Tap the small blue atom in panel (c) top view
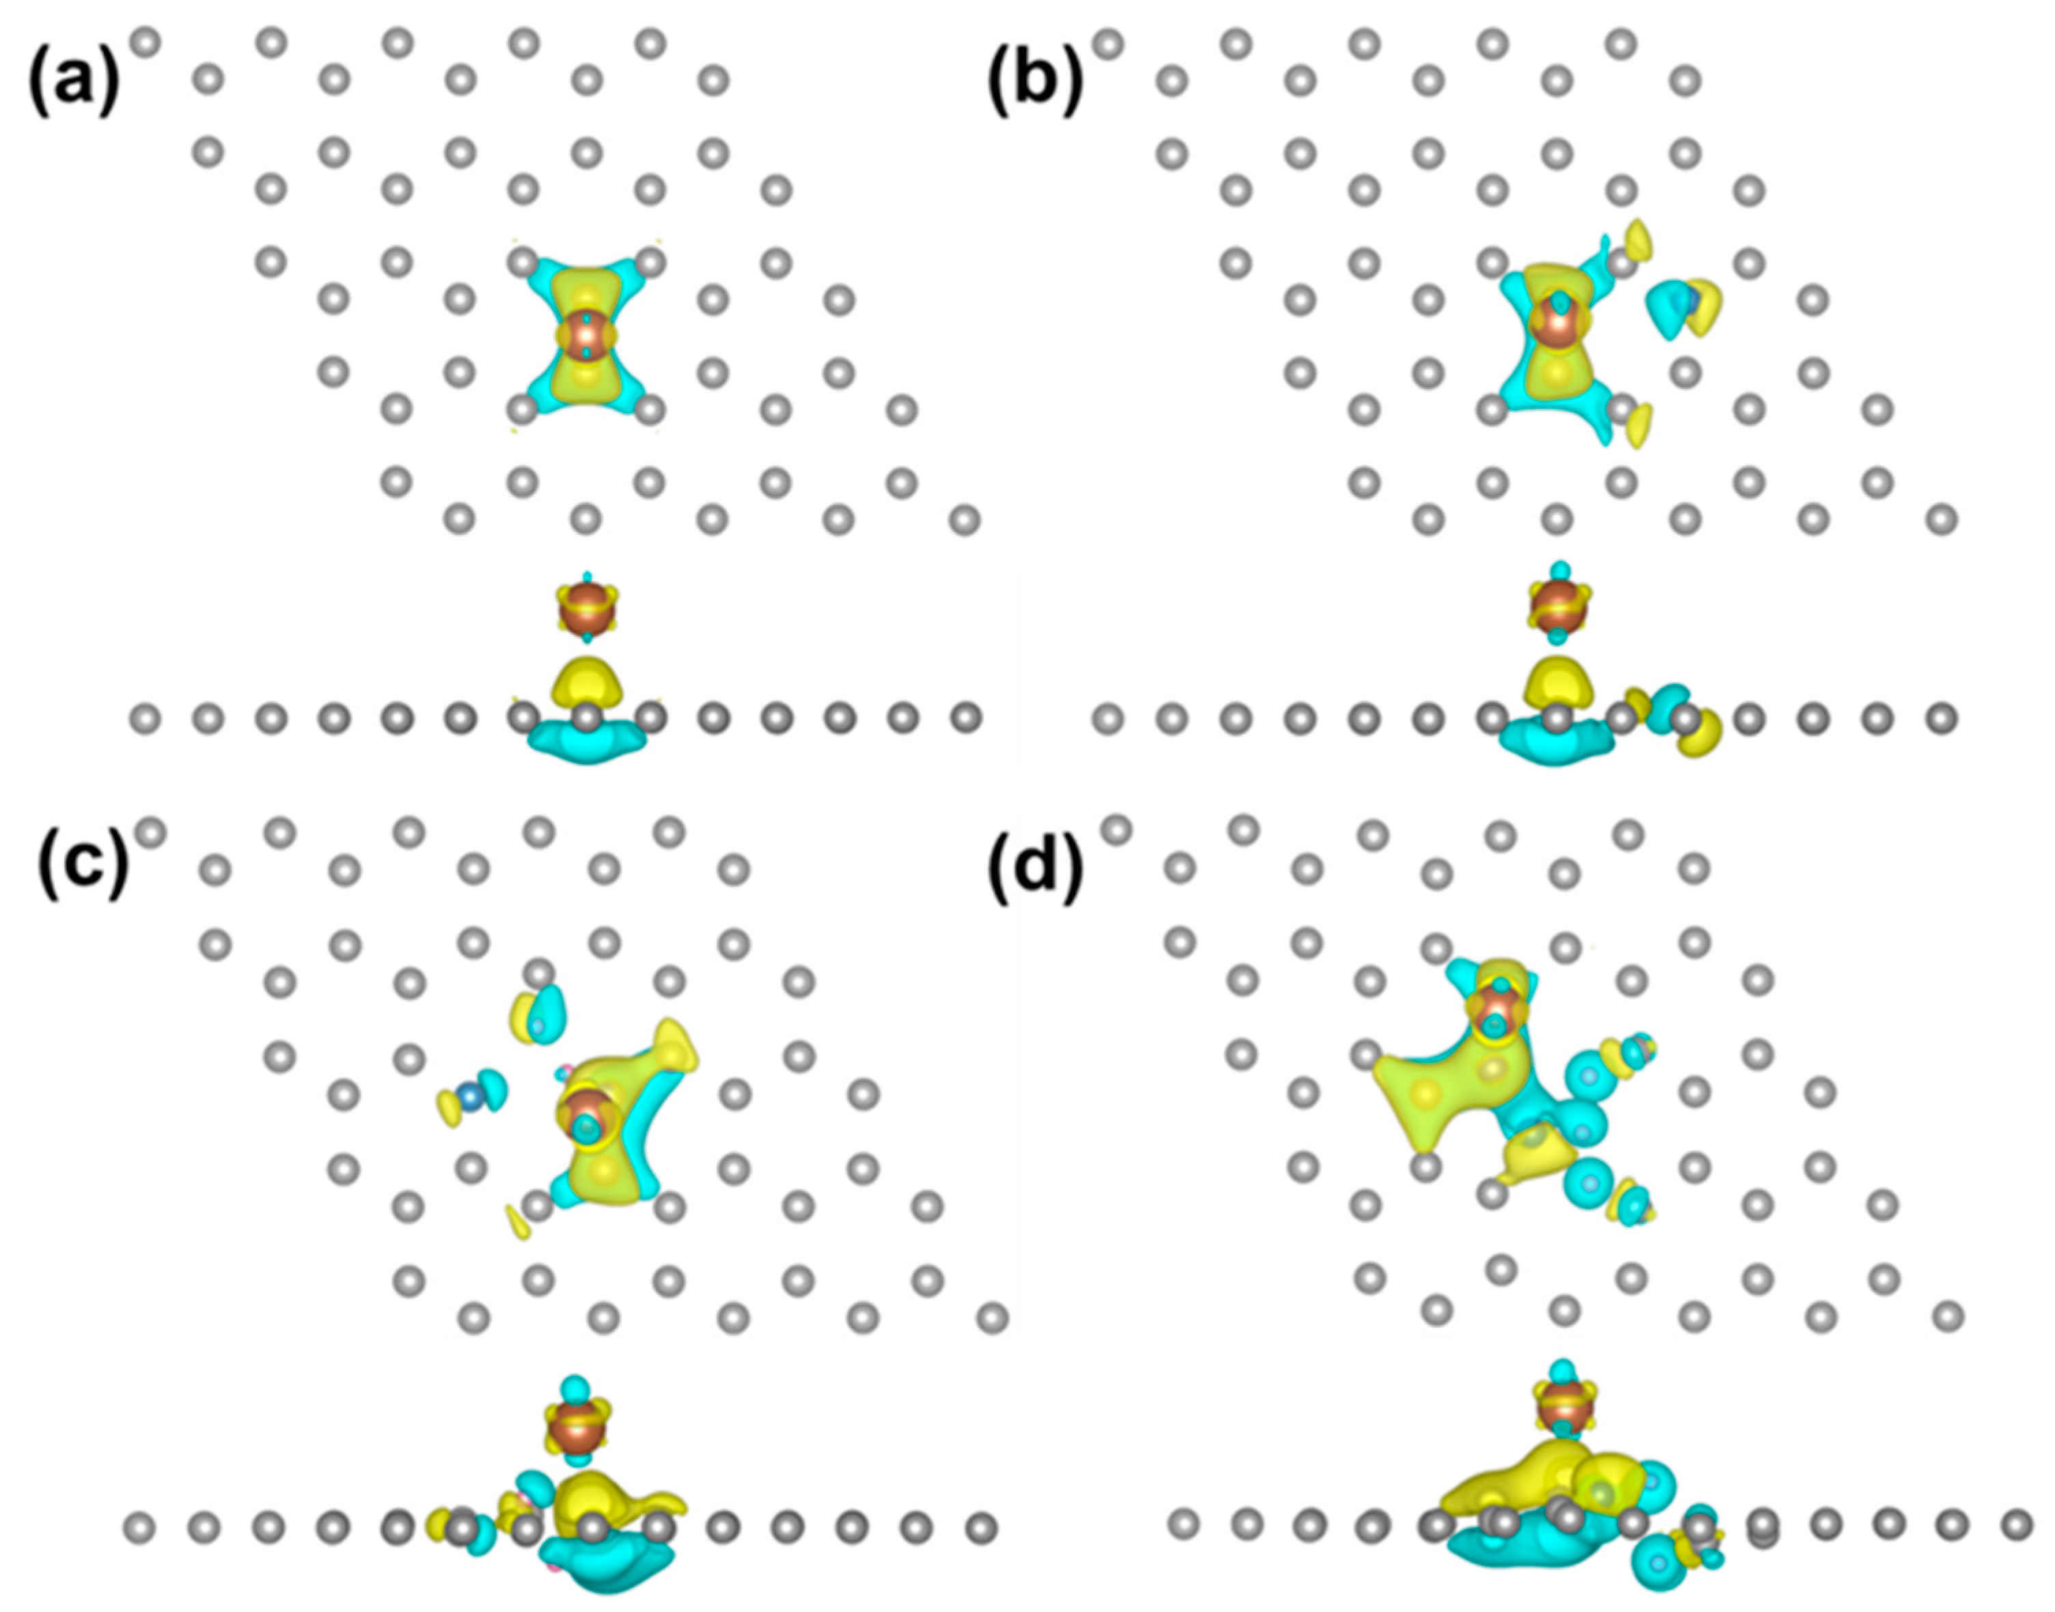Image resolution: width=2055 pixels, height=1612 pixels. point(469,1096)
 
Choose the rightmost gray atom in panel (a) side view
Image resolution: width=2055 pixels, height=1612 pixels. point(965,720)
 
